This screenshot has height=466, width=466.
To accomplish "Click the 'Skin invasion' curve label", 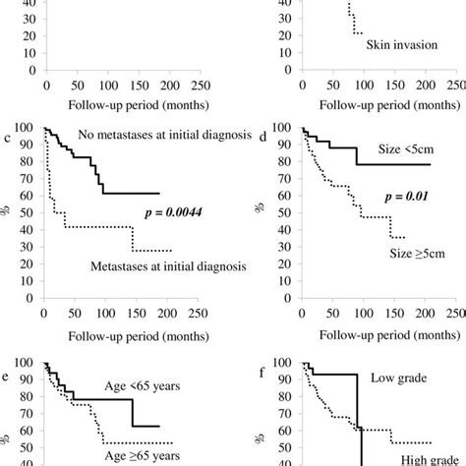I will [x=404, y=45].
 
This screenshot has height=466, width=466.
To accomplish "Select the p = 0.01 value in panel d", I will [x=417, y=197].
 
